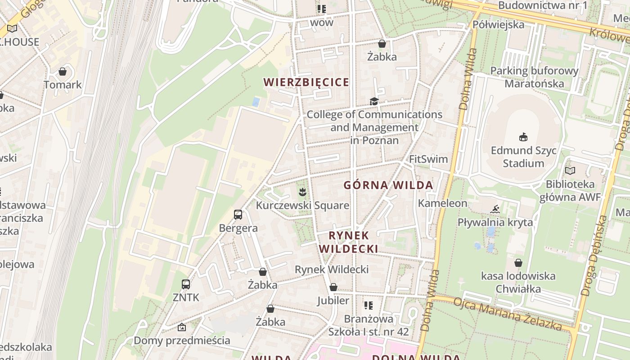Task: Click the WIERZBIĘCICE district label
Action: click(x=306, y=82)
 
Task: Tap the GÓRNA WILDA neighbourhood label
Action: click(x=388, y=185)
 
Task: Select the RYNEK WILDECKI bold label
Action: click(x=349, y=242)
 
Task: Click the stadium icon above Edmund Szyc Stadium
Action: click(x=523, y=137)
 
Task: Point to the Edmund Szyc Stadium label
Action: click(x=523, y=157)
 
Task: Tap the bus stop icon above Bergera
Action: click(x=238, y=215)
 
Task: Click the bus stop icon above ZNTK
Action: click(x=186, y=284)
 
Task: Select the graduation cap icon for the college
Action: click(x=374, y=101)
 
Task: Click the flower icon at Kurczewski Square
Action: click(x=302, y=193)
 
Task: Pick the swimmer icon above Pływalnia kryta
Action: click(x=495, y=209)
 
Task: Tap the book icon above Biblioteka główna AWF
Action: click(x=570, y=171)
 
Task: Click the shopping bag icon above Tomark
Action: click(x=63, y=72)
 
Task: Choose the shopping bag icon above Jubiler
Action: click(x=333, y=287)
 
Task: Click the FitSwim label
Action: click(x=428, y=159)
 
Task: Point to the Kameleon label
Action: click(x=443, y=203)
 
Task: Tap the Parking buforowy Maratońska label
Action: click(x=534, y=77)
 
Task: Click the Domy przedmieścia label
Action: click(x=182, y=340)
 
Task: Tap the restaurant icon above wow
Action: click(x=322, y=9)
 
